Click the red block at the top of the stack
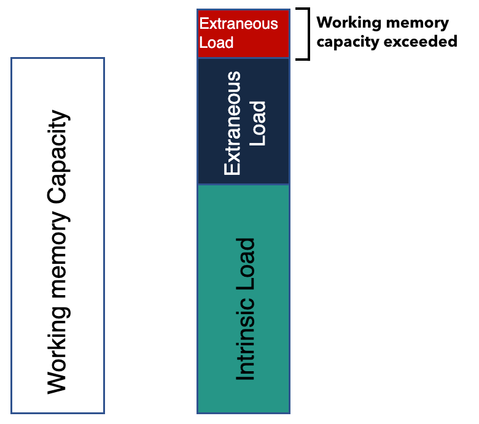tap(243, 34)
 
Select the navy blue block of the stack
tap(243, 121)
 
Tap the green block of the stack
tap(243, 298)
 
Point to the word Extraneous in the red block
tap(239, 25)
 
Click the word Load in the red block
tap(217, 43)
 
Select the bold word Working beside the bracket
tap(346, 23)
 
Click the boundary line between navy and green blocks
tap(243, 184)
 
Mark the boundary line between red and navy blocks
tap(243, 58)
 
